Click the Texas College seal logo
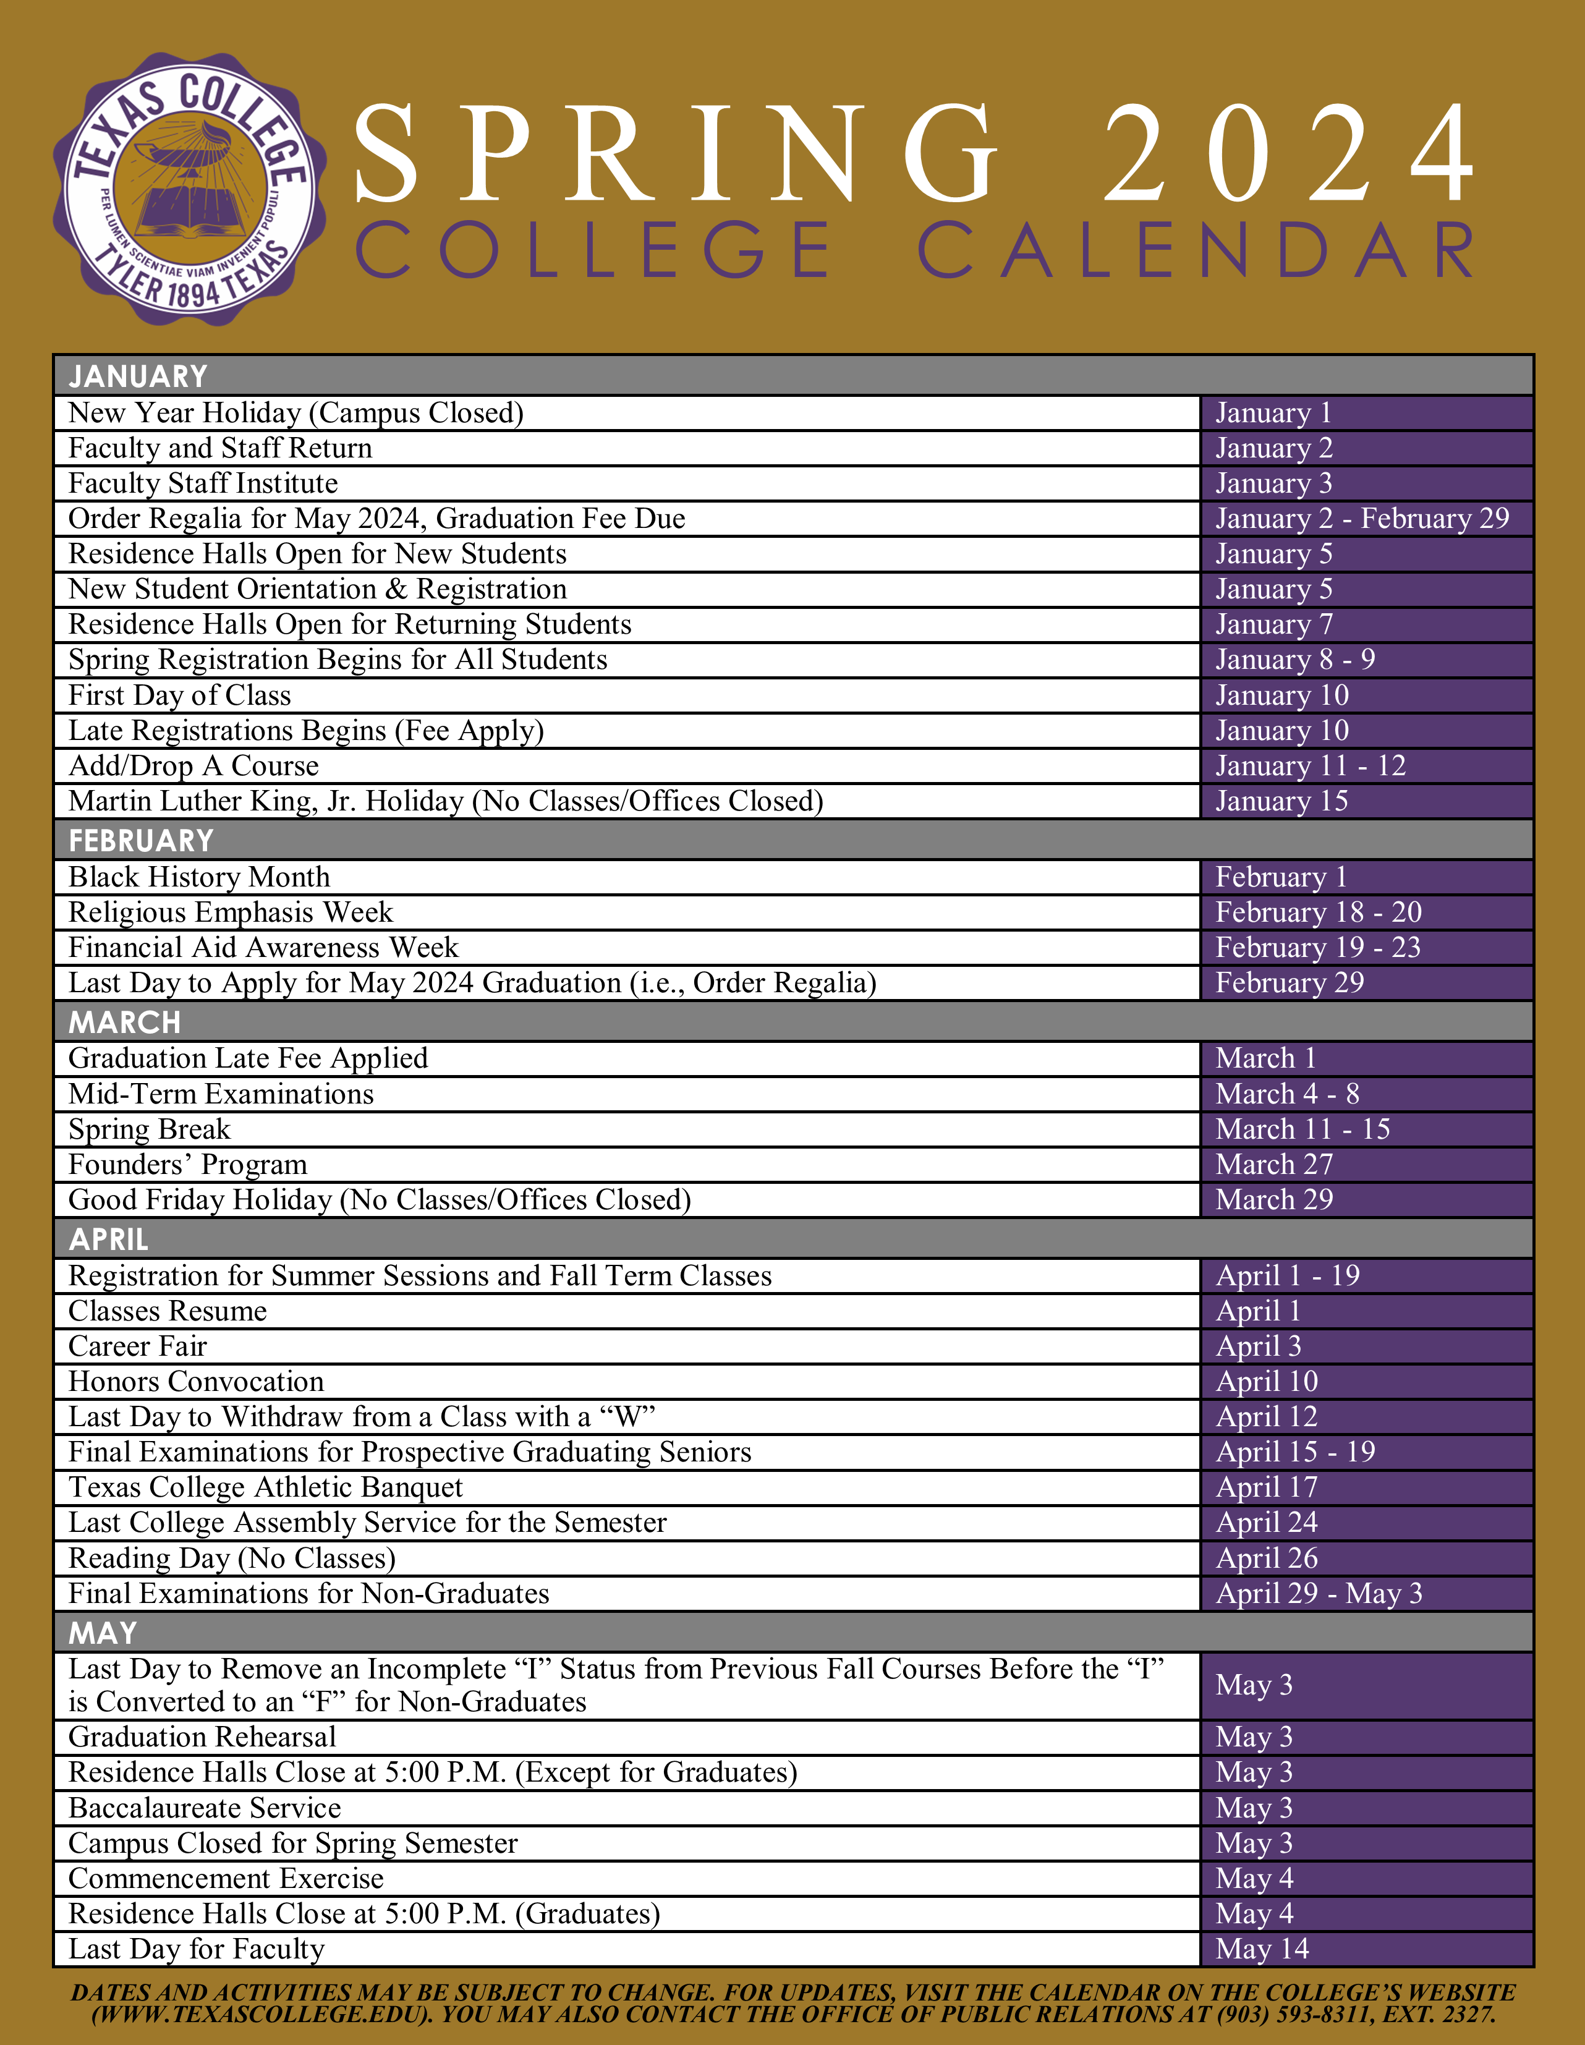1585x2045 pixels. [x=190, y=190]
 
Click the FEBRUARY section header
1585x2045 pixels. [x=142, y=841]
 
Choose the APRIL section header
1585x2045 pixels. [x=109, y=1239]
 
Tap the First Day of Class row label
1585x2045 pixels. [x=180, y=695]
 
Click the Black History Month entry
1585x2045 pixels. [x=200, y=877]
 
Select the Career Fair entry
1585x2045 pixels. [x=138, y=1346]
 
